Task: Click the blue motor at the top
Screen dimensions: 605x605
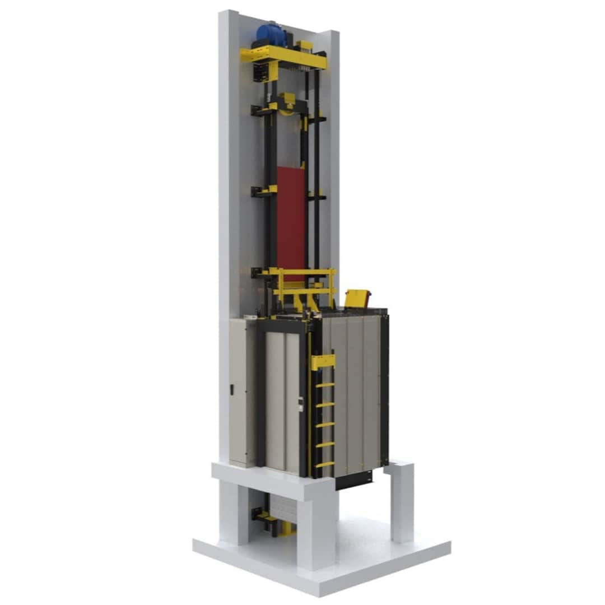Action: [271, 34]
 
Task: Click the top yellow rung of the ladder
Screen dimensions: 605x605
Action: [324, 385]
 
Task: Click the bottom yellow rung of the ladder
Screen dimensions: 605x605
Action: [324, 464]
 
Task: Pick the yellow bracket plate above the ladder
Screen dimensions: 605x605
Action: [322, 362]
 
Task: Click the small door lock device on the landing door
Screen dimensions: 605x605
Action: [301, 404]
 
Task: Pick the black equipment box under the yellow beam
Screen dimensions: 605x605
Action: [261, 72]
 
